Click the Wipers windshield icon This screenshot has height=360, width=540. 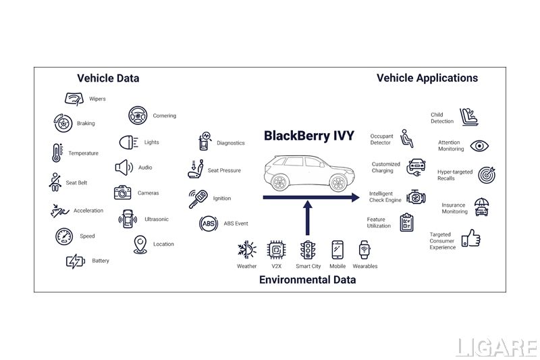click(74, 99)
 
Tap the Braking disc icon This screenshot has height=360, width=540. click(63, 123)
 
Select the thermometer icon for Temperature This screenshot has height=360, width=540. click(56, 153)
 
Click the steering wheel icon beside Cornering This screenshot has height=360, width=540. click(138, 115)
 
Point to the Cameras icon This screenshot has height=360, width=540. click(122, 192)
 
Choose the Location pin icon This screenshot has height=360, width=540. click(140, 245)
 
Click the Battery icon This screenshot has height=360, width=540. click(76, 261)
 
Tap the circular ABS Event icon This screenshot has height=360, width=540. click(208, 224)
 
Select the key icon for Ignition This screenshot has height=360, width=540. click(198, 199)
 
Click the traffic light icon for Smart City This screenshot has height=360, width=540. click(308, 250)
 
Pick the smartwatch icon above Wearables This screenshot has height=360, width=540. click(364, 250)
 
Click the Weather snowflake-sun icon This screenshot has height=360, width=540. click(246, 250)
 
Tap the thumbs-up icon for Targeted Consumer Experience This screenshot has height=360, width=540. click(470, 238)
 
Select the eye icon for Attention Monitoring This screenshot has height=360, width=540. click(479, 146)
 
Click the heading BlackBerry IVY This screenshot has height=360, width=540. click(308, 136)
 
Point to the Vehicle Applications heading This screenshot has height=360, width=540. click(427, 78)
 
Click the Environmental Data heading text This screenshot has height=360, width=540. click(307, 280)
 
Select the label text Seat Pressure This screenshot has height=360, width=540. click(224, 171)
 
